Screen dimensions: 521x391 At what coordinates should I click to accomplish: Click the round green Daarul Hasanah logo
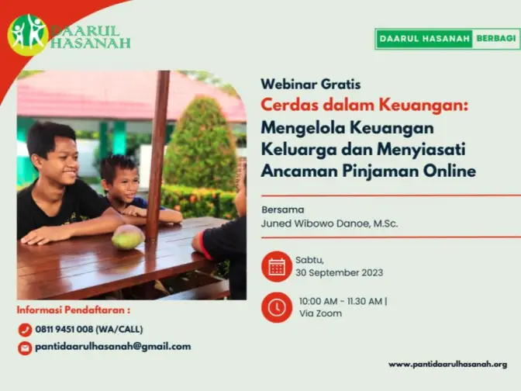28,35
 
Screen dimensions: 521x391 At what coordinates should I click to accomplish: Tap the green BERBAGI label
495,39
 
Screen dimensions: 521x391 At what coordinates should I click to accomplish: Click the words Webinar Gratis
311,84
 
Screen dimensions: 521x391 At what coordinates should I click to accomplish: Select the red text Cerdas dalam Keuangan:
364,106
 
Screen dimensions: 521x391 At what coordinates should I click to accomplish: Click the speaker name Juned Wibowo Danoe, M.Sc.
330,223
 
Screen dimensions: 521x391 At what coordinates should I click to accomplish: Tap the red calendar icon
277,267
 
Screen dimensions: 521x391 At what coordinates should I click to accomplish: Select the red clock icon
277,307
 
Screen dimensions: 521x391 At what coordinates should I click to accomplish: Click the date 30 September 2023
340,273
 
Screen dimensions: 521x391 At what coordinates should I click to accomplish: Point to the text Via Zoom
320,313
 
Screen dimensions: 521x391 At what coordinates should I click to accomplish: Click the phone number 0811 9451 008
64,330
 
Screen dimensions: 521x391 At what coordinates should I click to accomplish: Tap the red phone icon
25,330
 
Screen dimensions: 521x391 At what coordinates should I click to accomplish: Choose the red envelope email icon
25,348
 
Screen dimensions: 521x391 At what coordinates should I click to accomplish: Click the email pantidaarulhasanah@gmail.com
113,347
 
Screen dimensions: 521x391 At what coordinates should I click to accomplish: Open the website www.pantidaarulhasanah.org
448,365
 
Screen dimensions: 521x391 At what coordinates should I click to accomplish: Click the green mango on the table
128,237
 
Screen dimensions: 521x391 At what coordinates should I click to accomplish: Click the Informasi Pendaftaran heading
74,310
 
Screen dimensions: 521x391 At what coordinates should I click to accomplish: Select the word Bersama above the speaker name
283,209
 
